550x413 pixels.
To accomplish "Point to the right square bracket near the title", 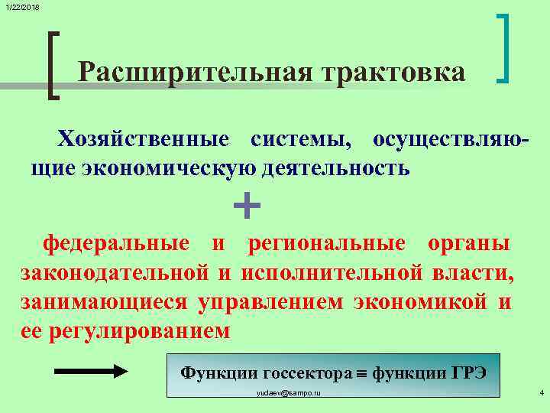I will (504, 47).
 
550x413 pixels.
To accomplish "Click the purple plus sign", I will (245, 205).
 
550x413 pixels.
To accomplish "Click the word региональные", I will (326, 244).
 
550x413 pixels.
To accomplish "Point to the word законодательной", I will (115, 272).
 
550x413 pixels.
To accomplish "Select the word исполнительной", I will (332, 272).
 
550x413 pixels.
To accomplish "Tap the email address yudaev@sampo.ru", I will (288, 392).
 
